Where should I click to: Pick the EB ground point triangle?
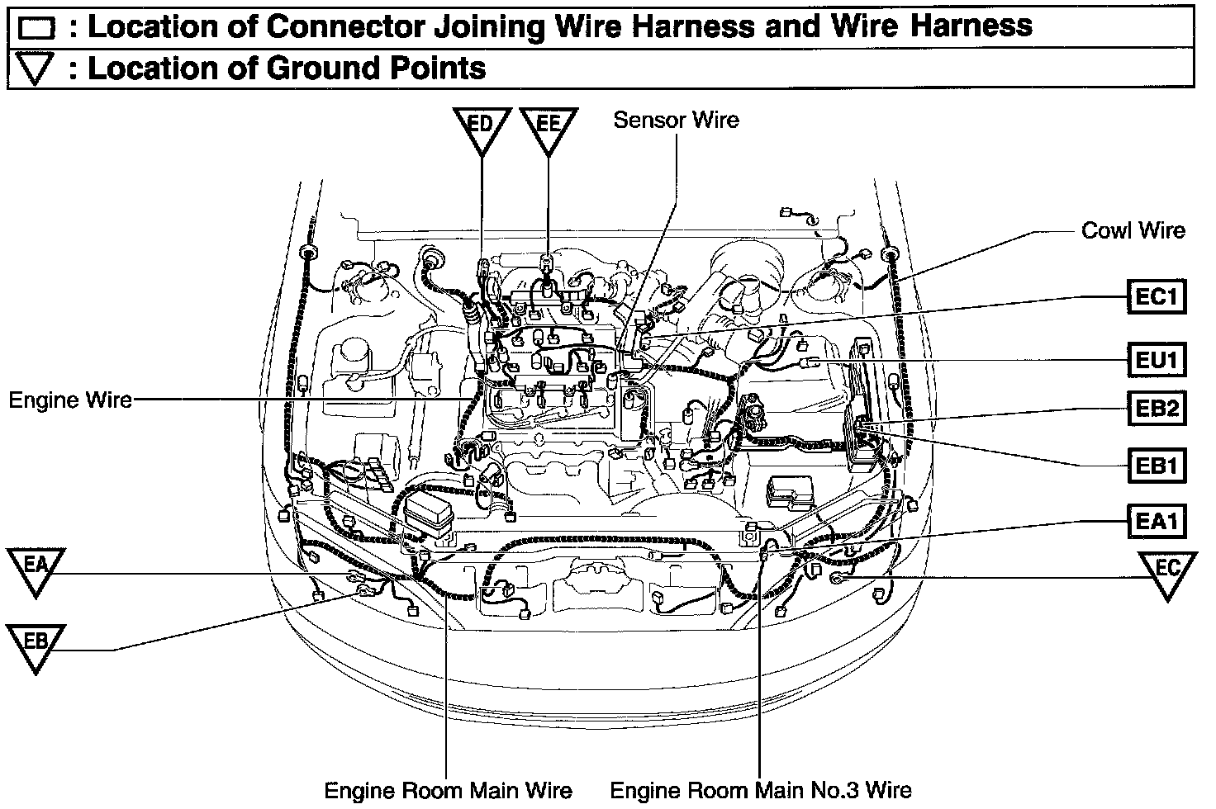point(35,645)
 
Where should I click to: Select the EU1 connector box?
point(1157,360)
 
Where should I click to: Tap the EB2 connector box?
point(1157,408)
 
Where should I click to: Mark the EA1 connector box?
point(1157,521)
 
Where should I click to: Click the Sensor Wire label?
point(676,121)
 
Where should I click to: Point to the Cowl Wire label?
point(1133,230)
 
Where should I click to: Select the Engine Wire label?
point(70,400)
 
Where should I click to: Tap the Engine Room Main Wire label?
point(448,790)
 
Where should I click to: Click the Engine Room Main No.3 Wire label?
point(761,790)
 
